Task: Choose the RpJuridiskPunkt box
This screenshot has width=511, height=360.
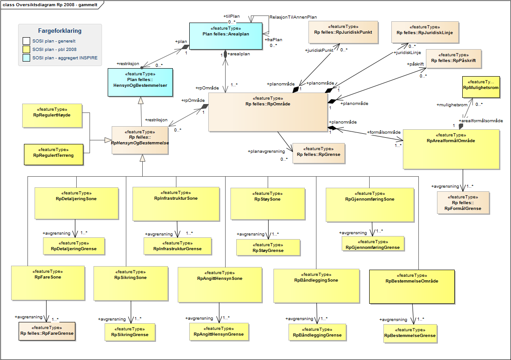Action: click(x=343, y=32)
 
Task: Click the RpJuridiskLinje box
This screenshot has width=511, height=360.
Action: click(x=424, y=32)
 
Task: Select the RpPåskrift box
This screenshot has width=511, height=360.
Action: click(x=453, y=60)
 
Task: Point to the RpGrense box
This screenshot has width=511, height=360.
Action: click(x=318, y=154)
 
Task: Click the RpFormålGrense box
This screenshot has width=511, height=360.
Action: click(x=463, y=203)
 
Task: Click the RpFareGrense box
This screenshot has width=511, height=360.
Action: click(x=47, y=331)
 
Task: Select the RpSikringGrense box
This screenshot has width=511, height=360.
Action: click(x=130, y=332)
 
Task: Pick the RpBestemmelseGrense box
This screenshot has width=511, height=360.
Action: click(x=410, y=333)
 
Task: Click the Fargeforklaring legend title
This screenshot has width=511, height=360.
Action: click(x=60, y=31)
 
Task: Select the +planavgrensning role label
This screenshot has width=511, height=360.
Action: click(x=266, y=151)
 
